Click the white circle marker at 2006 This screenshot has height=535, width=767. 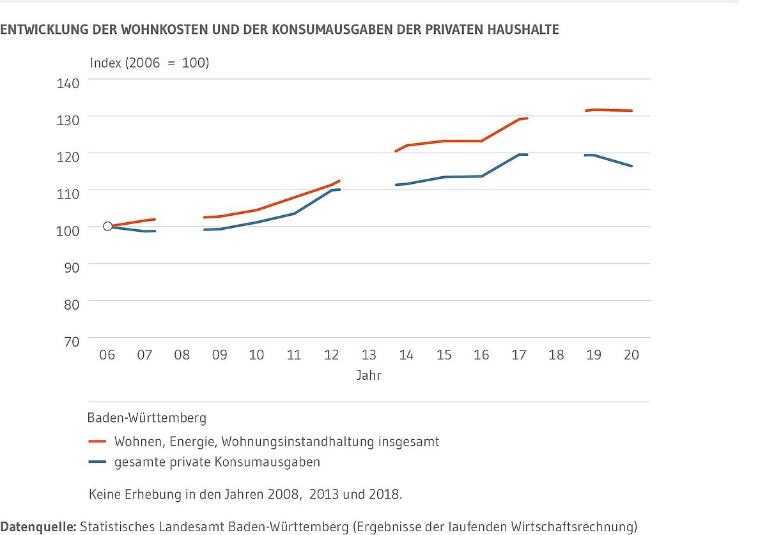click(107, 226)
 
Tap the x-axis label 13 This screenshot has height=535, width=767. click(369, 355)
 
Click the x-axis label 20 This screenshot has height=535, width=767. click(631, 355)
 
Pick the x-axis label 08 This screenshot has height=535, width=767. click(182, 355)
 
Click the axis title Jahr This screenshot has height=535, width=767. click(369, 375)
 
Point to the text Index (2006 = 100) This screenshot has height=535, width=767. click(150, 63)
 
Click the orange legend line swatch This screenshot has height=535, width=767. click(97, 441)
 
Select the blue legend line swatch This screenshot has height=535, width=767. click(97, 462)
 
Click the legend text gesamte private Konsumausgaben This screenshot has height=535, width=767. click(217, 462)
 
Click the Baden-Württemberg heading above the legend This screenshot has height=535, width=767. click(147, 419)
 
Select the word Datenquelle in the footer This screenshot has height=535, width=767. click(37, 527)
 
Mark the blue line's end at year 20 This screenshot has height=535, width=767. click(631, 166)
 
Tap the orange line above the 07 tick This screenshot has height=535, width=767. click(145, 220)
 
